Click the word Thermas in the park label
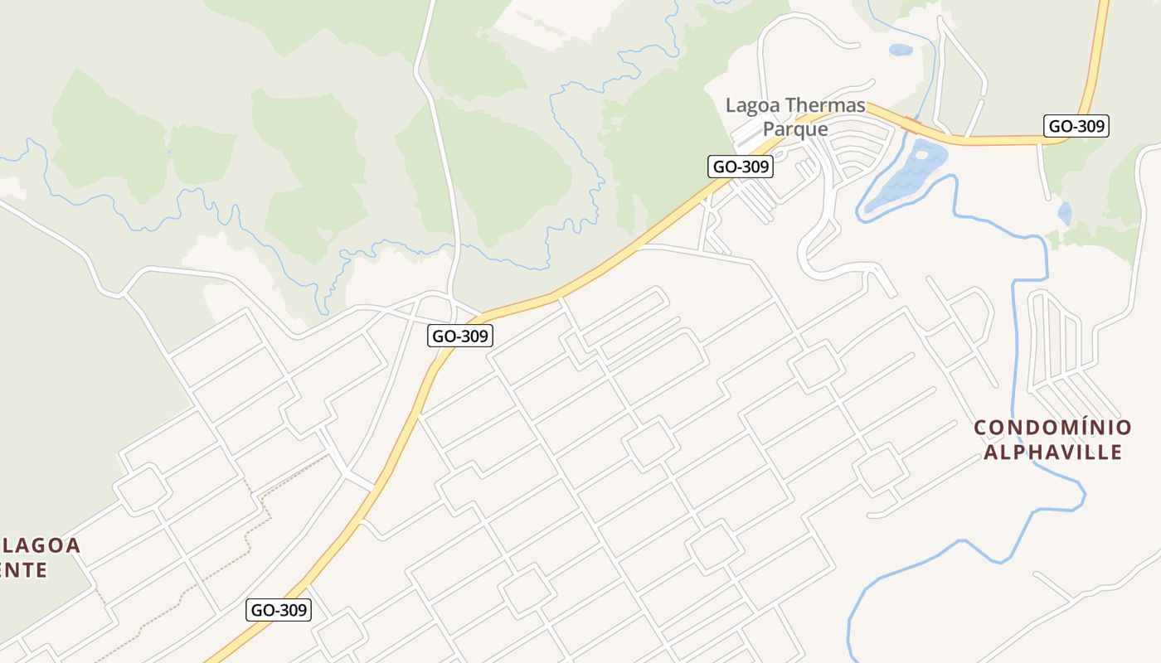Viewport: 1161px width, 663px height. [x=824, y=106]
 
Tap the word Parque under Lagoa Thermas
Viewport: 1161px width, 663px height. [x=795, y=129]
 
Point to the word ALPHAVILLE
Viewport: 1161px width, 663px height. [x=1052, y=452]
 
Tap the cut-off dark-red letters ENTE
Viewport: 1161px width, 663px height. [x=23, y=570]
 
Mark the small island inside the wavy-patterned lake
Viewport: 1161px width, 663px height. [x=921, y=153]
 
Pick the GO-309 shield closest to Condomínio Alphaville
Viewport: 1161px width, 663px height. [x=1076, y=126]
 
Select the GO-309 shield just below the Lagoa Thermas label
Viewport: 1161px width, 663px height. [x=741, y=167]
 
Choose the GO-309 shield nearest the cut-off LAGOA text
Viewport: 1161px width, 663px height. [x=279, y=611]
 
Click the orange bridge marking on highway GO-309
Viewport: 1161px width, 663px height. [x=914, y=126]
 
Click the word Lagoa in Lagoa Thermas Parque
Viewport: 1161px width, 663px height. [x=753, y=106]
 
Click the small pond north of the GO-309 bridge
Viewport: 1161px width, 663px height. [x=901, y=50]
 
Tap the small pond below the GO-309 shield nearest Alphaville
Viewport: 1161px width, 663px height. [x=1064, y=213]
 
